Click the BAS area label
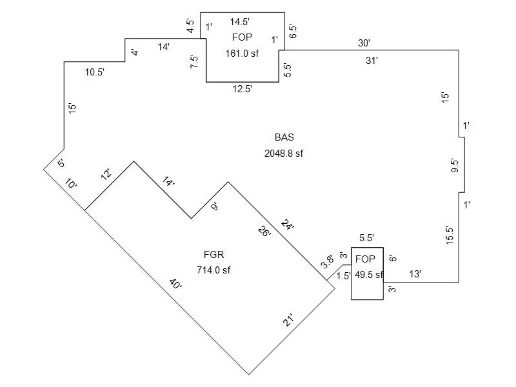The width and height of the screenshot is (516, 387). click(284, 137)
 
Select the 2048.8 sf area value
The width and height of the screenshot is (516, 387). click(284, 154)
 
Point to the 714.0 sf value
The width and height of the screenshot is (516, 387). click(213, 270)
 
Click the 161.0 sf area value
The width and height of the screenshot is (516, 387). click(242, 54)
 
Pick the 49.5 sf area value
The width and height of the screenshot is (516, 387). click(369, 274)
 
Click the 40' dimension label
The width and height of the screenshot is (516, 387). click(176, 284)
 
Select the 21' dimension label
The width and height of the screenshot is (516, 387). click(288, 319)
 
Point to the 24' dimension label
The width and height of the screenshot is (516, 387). click(288, 225)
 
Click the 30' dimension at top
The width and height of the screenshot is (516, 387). click(364, 44)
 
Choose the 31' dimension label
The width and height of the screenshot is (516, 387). click(372, 61)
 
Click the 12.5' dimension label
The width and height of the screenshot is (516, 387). click(243, 89)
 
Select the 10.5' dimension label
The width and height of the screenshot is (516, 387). click(94, 72)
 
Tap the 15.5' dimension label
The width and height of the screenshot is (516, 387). click(450, 235)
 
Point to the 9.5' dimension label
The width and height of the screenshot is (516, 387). click(454, 166)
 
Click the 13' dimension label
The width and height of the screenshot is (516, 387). click(416, 274)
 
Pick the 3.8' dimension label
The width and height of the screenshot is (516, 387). click(328, 263)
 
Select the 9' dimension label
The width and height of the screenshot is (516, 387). click(215, 207)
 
